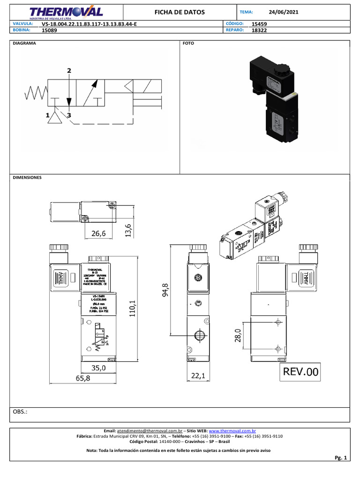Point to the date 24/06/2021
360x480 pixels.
(284, 12)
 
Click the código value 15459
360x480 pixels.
(260, 23)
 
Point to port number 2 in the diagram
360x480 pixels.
(69, 71)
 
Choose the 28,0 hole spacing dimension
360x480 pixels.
(237, 336)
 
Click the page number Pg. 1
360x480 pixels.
(340, 457)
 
